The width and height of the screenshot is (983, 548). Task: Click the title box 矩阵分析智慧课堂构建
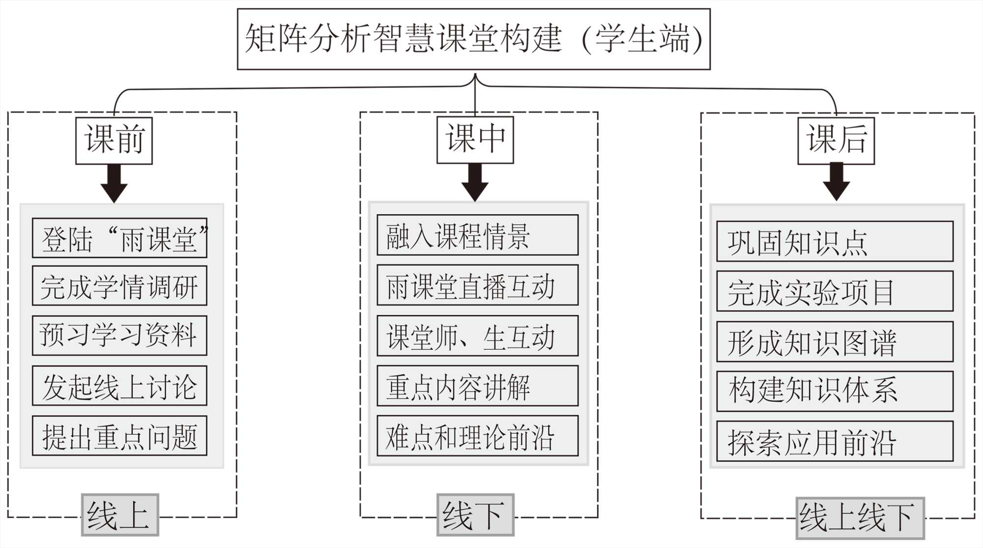coord(473,39)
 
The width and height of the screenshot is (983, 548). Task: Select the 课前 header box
coord(114,140)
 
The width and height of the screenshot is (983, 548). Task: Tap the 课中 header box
coord(475,140)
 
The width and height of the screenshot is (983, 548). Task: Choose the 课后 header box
coord(836,140)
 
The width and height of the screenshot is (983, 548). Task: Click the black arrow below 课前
coord(114,183)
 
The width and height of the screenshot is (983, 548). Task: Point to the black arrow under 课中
coord(475,182)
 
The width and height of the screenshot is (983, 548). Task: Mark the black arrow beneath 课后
coord(836,182)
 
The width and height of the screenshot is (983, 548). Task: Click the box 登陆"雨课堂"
coord(119,238)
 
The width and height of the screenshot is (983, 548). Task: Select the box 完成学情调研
coord(119,286)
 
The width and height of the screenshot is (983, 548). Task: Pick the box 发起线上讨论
coord(119,386)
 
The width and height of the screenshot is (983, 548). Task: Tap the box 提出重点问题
coord(119,436)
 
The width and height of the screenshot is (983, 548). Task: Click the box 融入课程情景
coord(477,235)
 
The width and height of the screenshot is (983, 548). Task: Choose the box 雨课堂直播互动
coord(477,285)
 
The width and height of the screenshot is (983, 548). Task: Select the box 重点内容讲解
coord(477,386)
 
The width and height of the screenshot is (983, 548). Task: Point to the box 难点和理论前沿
coord(477,436)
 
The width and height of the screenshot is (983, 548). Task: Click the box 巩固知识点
coord(835,242)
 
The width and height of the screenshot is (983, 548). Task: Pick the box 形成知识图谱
coord(835,342)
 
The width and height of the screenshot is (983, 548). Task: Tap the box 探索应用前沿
coord(835,441)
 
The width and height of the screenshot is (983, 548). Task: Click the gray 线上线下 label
coord(860,518)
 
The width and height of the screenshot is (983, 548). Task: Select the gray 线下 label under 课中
coord(475,515)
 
